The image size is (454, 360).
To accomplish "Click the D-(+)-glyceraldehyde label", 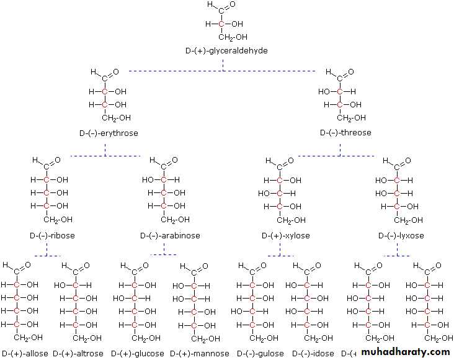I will tap(226, 50).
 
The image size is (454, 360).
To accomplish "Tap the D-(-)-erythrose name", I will tap(109, 133).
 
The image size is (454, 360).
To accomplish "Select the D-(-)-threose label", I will tap(345, 133).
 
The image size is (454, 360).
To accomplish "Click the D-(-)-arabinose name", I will tap(170, 236).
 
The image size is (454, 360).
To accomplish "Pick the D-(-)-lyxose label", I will tap(401, 236).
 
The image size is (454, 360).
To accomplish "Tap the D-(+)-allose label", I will tap(24, 354).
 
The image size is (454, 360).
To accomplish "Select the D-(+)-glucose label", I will tap(140, 354).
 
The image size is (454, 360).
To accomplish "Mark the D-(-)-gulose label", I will tap(257, 354).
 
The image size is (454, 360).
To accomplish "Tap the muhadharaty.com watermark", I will tap(406, 352).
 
